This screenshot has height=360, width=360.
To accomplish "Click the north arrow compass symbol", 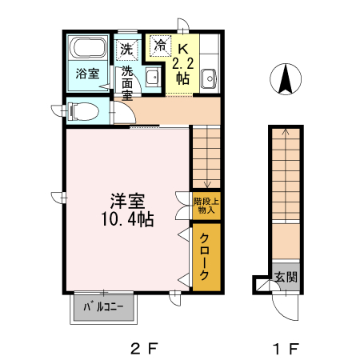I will pyautogui.click(x=285, y=79).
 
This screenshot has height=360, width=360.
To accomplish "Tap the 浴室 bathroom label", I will pyautogui.click(x=87, y=74).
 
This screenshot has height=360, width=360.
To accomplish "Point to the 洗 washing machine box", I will pyautogui.click(x=126, y=48).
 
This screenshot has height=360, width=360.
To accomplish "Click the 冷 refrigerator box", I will pyautogui.click(x=161, y=46).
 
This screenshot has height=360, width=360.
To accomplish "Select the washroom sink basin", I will pyautogui.click(x=150, y=78).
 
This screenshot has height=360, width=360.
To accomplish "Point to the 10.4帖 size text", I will pyautogui.click(x=126, y=218).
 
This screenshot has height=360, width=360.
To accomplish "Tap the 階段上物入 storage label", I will pyautogui.click(x=205, y=206).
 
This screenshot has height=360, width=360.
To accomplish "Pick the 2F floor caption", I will pyautogui.click(x=145, y=349).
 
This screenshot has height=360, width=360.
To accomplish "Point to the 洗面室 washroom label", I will pyautogui.click(x=127, y=82).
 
